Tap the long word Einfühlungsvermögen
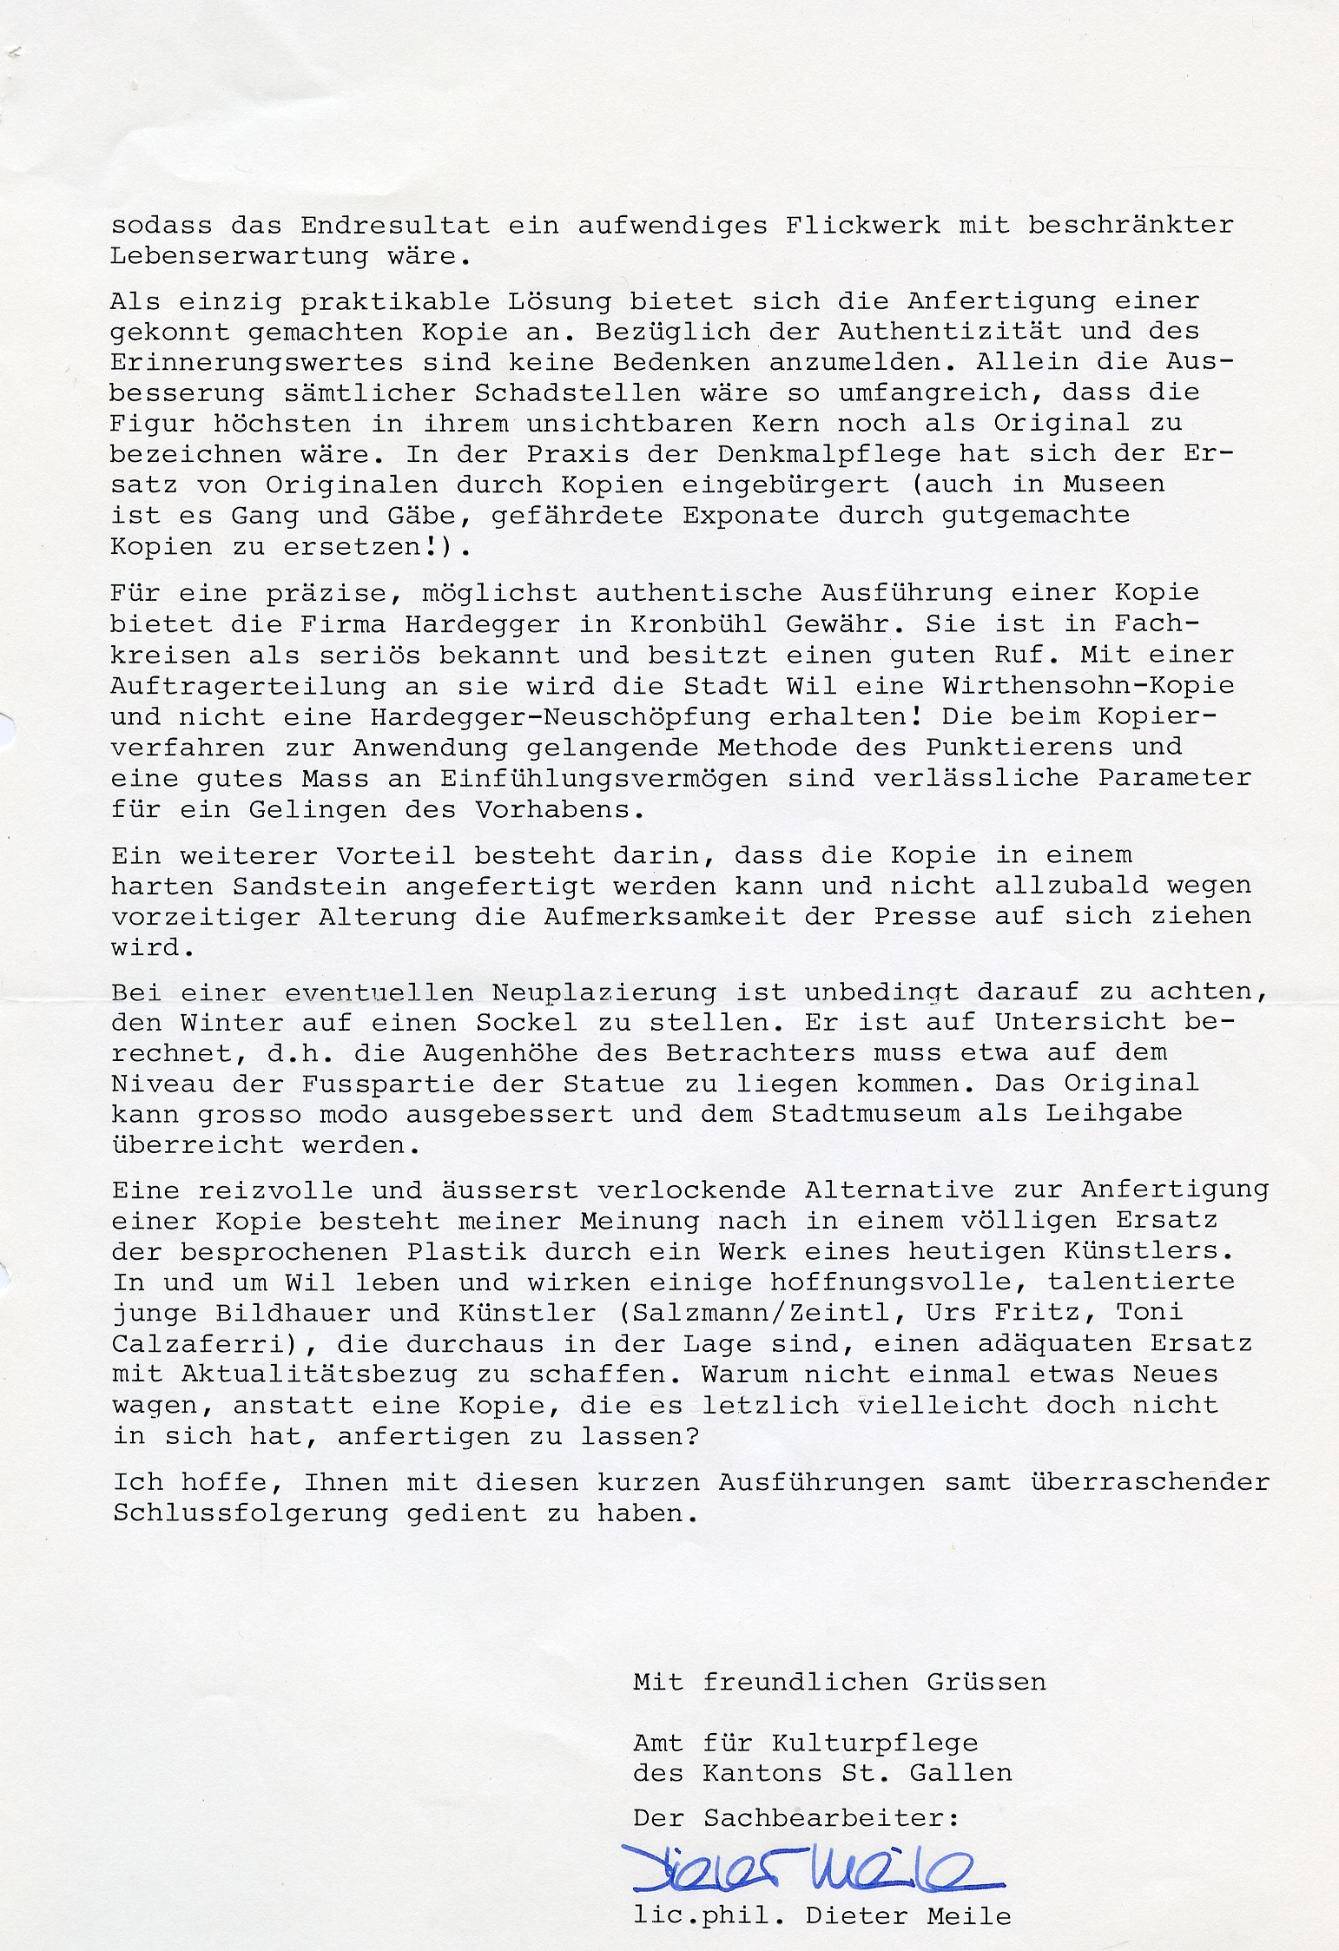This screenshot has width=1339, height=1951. (x=604, y=778)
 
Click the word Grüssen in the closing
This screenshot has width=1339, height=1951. (x=986, y=1682)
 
